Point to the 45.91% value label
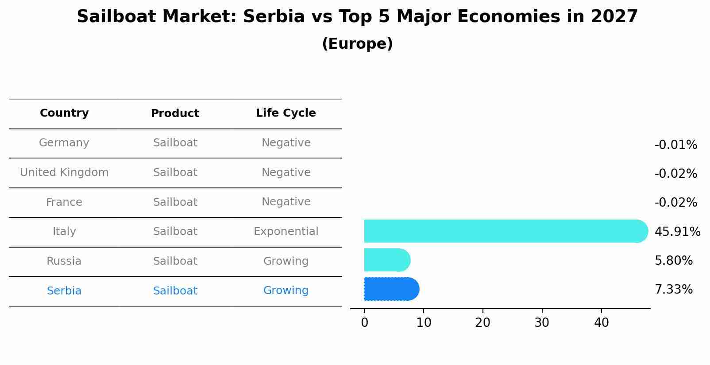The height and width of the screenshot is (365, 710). click(677, 232)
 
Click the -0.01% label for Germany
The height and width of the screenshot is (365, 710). click(675, 145)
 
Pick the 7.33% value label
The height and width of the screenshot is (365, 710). click(673, 290)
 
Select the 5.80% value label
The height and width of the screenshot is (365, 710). click(673, 261)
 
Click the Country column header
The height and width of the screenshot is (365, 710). click(64, 113)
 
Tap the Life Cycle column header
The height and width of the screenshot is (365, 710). click(286, 113)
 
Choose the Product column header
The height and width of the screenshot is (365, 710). click(175, 114)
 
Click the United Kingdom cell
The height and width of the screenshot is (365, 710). click(64, 173)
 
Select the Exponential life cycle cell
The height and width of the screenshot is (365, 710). click(286, 232)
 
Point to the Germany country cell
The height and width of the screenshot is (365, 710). click(64, 143)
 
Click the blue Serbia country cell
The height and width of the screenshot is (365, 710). click(64, 291)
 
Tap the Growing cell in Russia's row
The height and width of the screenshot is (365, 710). click(286, 261)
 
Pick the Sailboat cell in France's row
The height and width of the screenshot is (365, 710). click(175, 202)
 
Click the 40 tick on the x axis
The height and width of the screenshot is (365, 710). click(601, 323)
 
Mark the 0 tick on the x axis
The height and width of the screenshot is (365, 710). click(364, 323)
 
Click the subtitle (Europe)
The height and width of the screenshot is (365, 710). click(357, 44)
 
